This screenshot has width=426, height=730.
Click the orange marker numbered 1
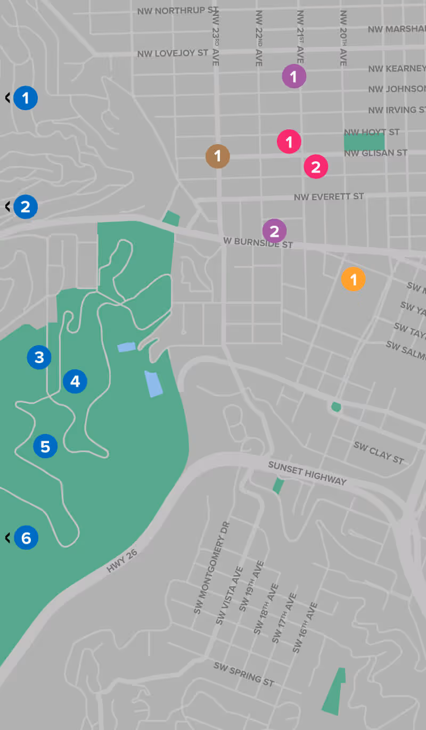pos(354,280)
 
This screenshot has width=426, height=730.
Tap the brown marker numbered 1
pos(218,157)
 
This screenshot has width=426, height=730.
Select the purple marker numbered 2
pos(275,231)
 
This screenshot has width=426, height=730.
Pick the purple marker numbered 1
pos(294,77)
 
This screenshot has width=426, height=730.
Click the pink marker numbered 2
pos(316,167)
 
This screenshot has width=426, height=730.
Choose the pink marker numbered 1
pos(289,142)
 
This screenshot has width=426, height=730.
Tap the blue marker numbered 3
pos(39,357)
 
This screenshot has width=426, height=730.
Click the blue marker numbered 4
pos(75,381)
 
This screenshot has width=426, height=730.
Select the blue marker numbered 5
pos(45,446)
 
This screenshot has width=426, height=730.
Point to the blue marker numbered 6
pos(26,538)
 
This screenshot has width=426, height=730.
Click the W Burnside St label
pos(258,243)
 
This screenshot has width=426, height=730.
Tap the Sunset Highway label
pos(307,473)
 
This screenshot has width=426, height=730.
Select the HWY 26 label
pos(122,561)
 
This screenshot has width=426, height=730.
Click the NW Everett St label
pos(329,197)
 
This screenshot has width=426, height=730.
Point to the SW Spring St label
pos(244,674)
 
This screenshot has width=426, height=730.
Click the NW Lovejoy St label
pos(172,54)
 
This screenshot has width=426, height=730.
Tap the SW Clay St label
pos(379,452)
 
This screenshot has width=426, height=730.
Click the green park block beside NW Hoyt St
pos(364,142)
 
